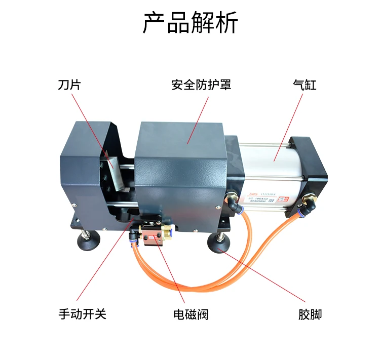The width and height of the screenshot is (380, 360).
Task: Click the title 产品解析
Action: tap(190, 22)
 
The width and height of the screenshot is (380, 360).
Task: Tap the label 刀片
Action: tap(69, 85)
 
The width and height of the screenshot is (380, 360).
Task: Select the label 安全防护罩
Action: tap(201, 85)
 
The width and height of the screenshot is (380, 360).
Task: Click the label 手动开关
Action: tap(82, 314)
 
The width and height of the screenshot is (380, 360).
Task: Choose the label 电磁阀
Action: tap(191, 314)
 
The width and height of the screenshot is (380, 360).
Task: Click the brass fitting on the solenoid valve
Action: tap(165, 234)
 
